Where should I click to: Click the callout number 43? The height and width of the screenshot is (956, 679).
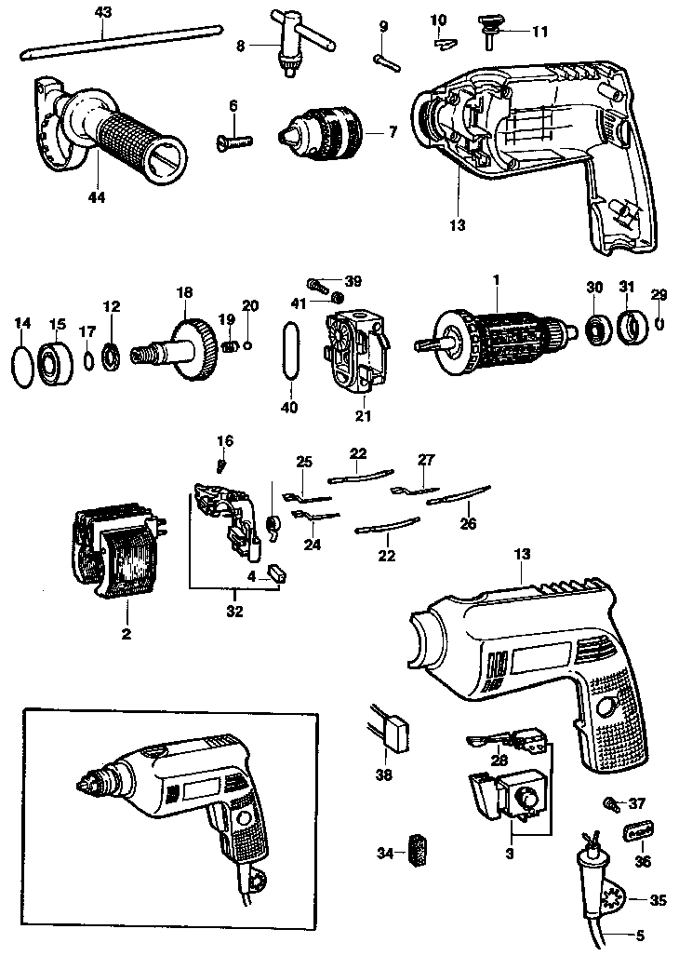102,12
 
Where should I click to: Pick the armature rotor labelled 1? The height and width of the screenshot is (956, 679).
502,337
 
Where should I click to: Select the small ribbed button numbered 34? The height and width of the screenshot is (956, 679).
417,850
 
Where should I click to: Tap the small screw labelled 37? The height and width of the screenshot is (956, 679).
611,802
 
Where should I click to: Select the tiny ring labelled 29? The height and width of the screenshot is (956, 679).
659,323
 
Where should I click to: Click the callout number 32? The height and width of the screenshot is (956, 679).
233,612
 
